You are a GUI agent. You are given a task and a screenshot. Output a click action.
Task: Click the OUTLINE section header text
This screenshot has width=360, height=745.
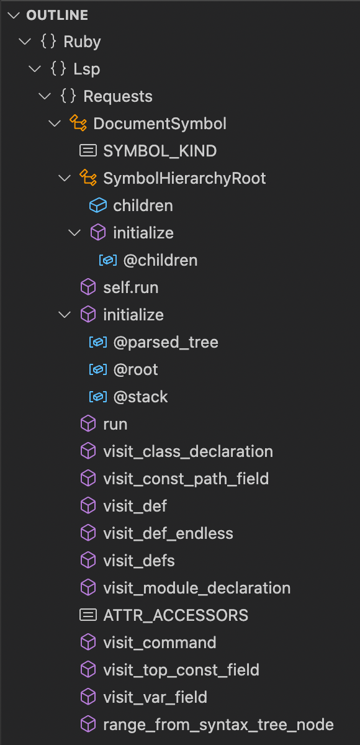tap(57, 15)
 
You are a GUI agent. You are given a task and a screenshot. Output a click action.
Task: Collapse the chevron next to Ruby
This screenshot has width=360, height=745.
tap(25, 42)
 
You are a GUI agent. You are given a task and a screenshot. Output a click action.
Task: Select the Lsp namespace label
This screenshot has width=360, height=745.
tap(86, 69)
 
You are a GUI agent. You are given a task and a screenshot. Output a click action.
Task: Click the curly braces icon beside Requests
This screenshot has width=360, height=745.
tap(68, 97)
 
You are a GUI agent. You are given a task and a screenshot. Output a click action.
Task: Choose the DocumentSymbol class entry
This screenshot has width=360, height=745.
tap(160, 124)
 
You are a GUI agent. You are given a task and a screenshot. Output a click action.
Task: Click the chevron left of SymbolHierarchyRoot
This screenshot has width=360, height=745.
tap(64, 179)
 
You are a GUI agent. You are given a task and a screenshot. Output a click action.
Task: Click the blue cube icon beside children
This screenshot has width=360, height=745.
tap(98, 205)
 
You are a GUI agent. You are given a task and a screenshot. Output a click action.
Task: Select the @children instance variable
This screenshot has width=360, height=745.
tap(160, 260)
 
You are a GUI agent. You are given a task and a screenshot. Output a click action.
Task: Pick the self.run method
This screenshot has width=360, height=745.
tap(130, 287)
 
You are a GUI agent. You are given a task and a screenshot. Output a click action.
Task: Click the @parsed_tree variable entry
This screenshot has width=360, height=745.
tap(166, 342)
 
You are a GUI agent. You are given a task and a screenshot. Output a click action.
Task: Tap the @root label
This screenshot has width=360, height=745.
tap(135, 369)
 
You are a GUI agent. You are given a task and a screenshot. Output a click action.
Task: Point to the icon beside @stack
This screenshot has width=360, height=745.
tap(98, 397)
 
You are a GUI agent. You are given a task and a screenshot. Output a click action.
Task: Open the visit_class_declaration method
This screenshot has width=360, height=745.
tap(187, 451)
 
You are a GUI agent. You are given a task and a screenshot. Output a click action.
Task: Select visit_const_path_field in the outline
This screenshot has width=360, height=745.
tap(186, 479)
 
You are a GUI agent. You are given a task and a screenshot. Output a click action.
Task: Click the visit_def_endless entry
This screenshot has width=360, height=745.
tap(168, 533)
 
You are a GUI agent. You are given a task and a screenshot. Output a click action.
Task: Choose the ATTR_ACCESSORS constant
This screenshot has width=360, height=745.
tap(175, 615)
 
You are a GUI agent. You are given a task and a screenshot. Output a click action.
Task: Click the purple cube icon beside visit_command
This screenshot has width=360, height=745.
tap(88, 643)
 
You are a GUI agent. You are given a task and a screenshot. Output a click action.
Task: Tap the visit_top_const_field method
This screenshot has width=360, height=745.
tap(181, 670)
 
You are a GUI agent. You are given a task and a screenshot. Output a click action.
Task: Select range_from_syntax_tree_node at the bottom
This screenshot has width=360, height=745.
tap(218, 725)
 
